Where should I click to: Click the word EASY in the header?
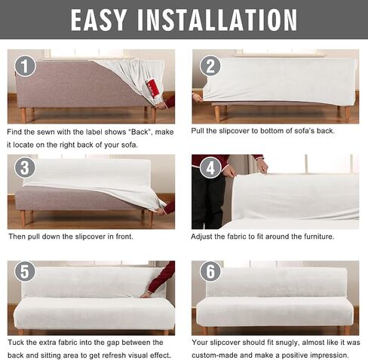pyautogui.click(x=98, y=20)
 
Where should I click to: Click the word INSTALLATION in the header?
pyautogui.click(x=217, y=20)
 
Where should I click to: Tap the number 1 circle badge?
pyautogui.click(x=26, y=66)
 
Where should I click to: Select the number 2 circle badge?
pyautogui.click(x=210, y=66)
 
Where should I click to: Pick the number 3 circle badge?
pyautogui.click(x=25, y=168)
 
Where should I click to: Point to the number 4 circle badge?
pyautogui.click(x=210, y=168)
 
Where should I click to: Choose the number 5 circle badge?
pyautogui.click(x=25, y=271)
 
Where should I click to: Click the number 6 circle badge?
pyautogui.click(x=210, y=271)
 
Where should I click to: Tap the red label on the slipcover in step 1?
pyautogui.click(x=152, y=87)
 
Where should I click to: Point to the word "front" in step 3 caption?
pyautogui.click(x=124, y=236)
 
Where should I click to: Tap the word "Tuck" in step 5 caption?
pyautogui.click(x=16, y=343)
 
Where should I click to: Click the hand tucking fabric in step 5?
pyautogui.click(x=145, y=294)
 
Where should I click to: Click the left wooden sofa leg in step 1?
pyautogui.click(x=23, y=115)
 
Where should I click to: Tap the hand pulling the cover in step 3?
pyautogui.click(x=160, y=212)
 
